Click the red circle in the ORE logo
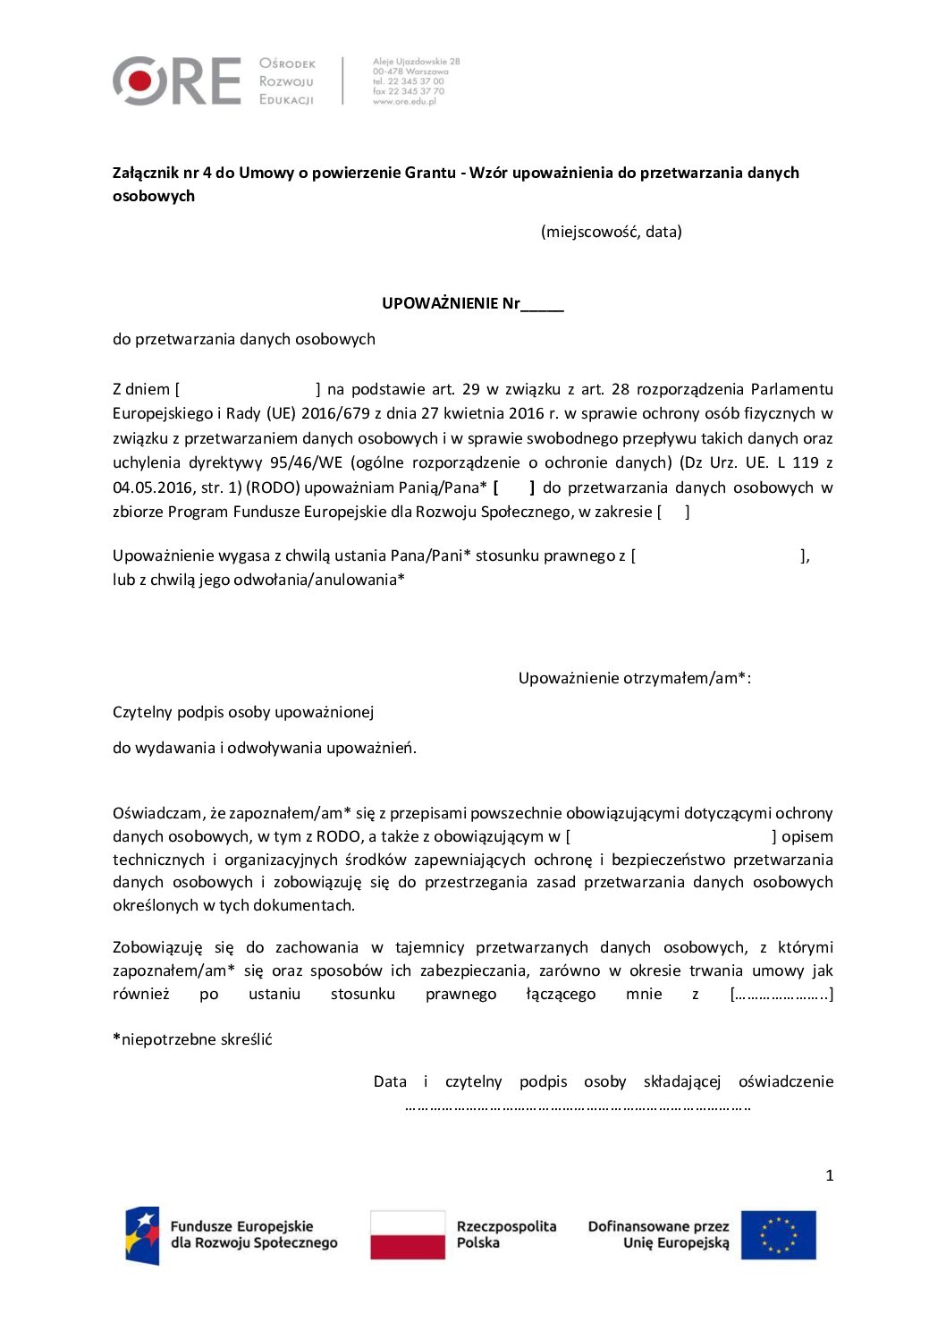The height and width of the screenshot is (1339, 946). click(x=140, y=81)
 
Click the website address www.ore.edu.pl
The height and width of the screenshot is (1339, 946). click(x=404, y=102)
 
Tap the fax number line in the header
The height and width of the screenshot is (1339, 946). click(x=408, y=91)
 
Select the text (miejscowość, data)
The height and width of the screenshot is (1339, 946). click(x=611, y=232)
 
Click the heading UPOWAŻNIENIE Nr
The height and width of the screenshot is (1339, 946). click(x=451, y=303)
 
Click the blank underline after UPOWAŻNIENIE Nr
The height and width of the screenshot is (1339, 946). click(x=543, y=305)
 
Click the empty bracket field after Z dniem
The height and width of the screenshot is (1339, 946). click(x=248, y=389)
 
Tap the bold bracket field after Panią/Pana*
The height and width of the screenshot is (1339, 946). click(x=513, y=487)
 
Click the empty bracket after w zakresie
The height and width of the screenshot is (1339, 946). click(x=673, y=512)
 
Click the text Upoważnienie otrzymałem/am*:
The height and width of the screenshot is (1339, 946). click(x=634, y=678)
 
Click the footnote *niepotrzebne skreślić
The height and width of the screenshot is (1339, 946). click(x=192, y=1039)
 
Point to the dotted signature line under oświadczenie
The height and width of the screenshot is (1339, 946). click(x=578, y=1107)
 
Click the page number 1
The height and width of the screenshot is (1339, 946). click(x=829, y=1175)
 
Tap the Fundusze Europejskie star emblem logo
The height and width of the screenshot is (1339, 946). click(x=143, y=1235)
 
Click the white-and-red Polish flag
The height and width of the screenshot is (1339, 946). click(x=408, y=1235)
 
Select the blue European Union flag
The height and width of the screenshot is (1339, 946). click(x=778, y=1235)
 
